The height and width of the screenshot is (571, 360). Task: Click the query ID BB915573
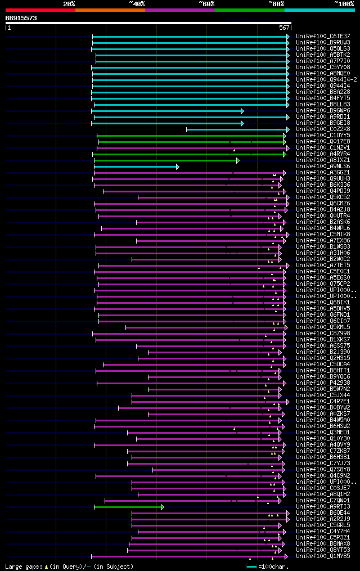(x=21, y=19)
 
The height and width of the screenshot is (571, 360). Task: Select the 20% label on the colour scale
(x=69, y=4)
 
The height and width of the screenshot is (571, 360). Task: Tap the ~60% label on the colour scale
(x=206, y=4)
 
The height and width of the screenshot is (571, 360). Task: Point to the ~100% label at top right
(x=344, y=4)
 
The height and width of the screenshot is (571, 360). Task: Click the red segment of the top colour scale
(x=40, y=10)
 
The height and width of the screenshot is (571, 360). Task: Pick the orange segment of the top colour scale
(x=110, y=10)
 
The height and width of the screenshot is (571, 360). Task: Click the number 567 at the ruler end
(x=283, y=28)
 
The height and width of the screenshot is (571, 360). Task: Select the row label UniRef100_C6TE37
(x=323, y=36)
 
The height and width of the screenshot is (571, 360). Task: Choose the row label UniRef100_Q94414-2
(x=326, y=79)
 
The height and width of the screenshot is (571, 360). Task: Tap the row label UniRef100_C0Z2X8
(x=323, y=129)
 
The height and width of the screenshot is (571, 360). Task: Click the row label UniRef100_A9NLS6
(x=323, y=166)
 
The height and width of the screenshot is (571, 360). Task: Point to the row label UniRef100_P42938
(x=323, y=383)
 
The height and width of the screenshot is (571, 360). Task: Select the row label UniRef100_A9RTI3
(x=323, y=507)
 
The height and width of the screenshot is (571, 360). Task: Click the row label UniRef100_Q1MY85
(x=323, y=556)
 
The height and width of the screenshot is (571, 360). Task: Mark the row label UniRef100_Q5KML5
(x=323, y=327)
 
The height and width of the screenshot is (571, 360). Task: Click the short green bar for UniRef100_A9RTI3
(x=128, y=507)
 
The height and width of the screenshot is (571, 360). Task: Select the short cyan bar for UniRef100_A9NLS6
(x=135, y=167)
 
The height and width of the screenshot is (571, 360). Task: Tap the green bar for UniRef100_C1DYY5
(x=191, y=136)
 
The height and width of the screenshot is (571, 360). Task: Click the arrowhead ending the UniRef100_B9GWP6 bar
(x=242, y=111)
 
